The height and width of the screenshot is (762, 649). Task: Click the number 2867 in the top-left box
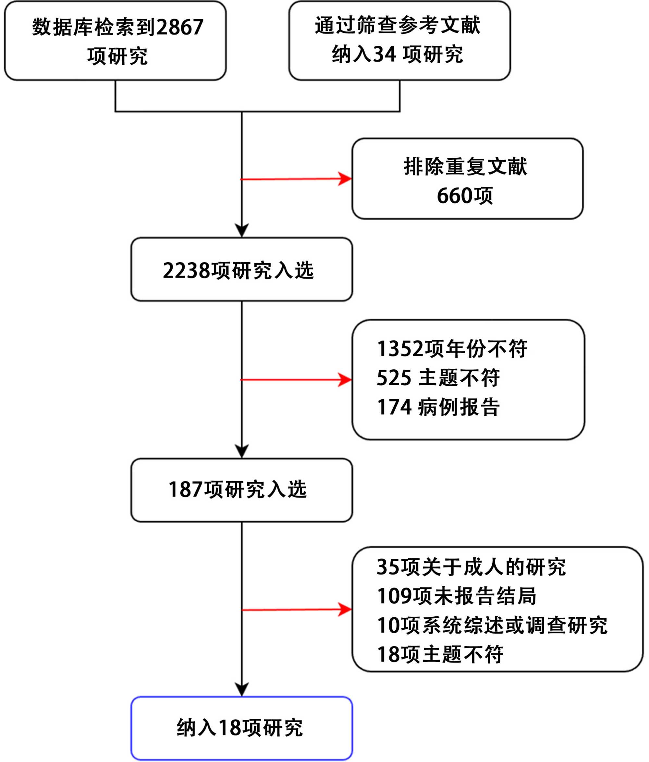pyautogui.click(x=180, y=27)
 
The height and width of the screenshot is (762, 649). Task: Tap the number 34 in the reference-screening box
pyautogui.click(x=385, y=54)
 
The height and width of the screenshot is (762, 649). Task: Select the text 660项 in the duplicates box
pyautogui.click(x=465, y=196)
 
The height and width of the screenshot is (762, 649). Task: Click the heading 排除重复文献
pyautogui.click(x=465, y=167)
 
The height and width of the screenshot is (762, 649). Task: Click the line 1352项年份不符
pyautogui.click(x=452, y=349)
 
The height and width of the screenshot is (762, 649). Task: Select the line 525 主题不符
pyautogui.click(x=438, y=377)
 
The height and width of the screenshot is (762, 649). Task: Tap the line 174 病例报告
pyautogui.click(x=438, y=407)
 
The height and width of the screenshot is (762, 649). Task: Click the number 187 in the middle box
pyautogui.click(x=185, y=490)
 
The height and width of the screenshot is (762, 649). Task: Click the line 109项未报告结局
pyautogui.click(x=457, y=596)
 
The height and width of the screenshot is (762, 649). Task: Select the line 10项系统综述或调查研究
pyautogui.click(x=492, y=625)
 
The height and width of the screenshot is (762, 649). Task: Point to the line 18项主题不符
pyautogui.click(x=440, y=655)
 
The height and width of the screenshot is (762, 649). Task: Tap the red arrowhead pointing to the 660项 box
pyautogui.click(x=345, y=179)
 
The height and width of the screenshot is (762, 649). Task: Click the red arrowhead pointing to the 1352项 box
pyautogui.click(x=345, y=380)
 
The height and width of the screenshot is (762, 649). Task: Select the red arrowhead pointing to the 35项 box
pyautogui.click(x=345, y=610)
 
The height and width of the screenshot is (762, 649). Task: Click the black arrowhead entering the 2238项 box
pyautogui.click(x=242, y=231)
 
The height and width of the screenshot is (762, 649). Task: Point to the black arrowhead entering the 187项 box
pyautogui.click(x=242, y=451)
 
